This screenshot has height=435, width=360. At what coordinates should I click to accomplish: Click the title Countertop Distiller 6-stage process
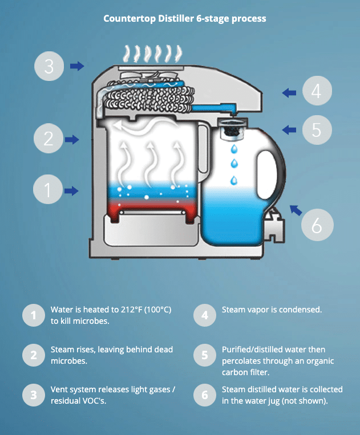184,18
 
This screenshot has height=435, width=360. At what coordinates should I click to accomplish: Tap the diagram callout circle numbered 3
49,67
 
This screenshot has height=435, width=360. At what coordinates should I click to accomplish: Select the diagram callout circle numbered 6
317,225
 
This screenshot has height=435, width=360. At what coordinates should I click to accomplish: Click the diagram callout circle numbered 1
48,190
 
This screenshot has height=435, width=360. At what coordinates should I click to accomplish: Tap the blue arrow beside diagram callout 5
289,130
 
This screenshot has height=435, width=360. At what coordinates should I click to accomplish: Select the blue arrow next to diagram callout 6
296,210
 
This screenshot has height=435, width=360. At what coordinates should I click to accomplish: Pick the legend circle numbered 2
33,355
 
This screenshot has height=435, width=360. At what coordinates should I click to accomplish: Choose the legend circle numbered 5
204,355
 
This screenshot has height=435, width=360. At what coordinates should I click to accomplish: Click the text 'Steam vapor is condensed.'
272,310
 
